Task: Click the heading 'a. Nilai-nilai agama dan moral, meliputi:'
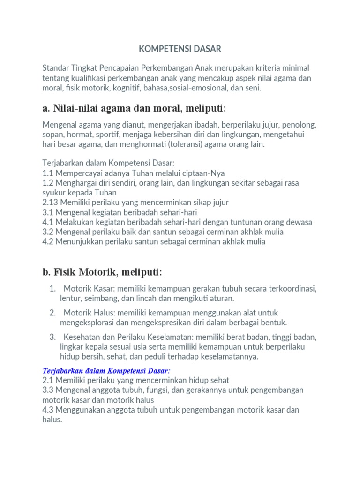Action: tap(134, 109)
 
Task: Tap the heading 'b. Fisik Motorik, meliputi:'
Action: tap(102, 272)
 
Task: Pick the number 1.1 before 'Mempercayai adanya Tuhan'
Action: tap(48, 173)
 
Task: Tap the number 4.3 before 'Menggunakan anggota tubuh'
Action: tap(48, 410)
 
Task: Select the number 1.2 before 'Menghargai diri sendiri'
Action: tap(48, 183)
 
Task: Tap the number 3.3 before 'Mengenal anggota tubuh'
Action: tap(48, 390)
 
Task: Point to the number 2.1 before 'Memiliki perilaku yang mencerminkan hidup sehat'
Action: tap(48, 380)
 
